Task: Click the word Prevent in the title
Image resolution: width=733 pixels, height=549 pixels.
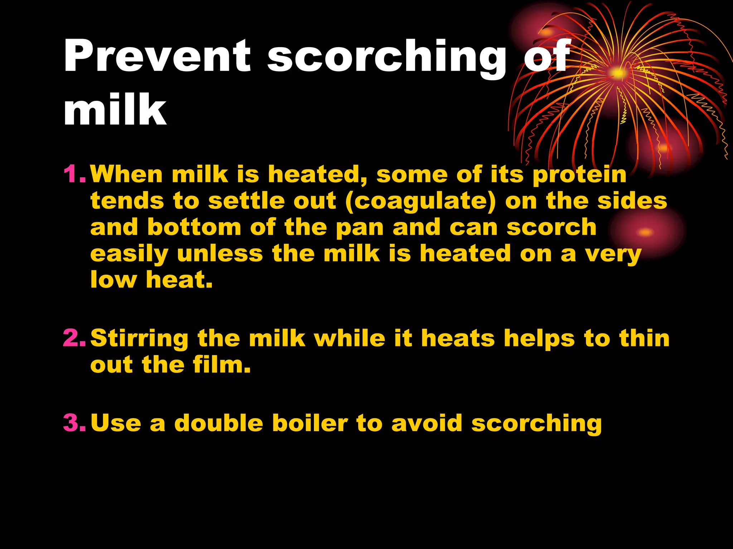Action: pyautogui.click(x=157, y=56)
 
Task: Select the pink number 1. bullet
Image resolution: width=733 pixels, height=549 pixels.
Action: pyautogui.click(x=74, y=174)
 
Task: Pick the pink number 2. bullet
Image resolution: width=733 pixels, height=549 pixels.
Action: pyautogui.click(x=74, y=338)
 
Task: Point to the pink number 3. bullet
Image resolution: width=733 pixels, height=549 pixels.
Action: pyautogui.click(x=74, y=422)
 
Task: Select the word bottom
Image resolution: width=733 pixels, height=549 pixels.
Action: pyautogui.click(x=194, y=227)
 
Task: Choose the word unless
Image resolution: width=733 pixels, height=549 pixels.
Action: pyautogui.click(x=220, y=253)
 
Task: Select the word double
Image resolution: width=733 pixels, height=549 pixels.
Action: pyautogui.click(x=219, y=423)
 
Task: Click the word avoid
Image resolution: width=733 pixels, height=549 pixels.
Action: pyautogui.click(x=427, y=423)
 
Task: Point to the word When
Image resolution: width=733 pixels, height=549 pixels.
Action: pyautogui.click(x=126, y=174)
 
